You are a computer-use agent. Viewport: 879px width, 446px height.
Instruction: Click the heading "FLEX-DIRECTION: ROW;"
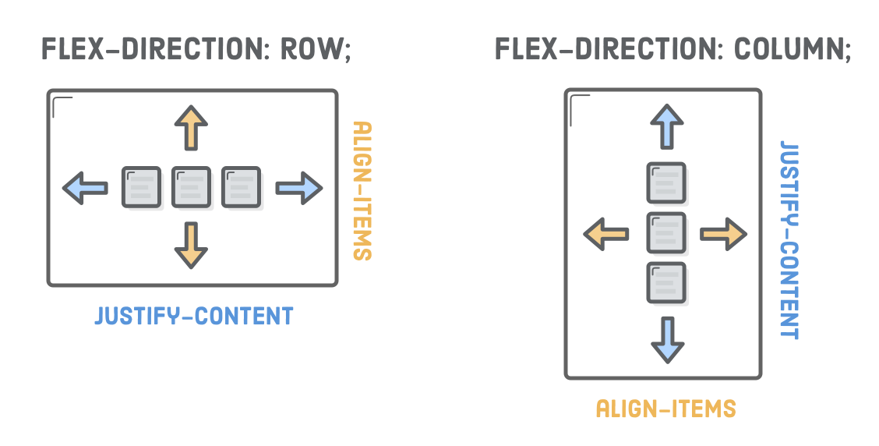click(196, 50)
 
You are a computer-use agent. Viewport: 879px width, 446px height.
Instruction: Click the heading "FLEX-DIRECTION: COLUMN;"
click(673, 50)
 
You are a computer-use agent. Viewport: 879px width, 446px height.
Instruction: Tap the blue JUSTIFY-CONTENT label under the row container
click(194, 317)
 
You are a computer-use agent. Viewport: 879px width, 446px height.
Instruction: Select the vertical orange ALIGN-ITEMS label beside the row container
click(362, 190)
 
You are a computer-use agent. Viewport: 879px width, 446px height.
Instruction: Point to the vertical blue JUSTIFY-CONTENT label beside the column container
click(789, 240)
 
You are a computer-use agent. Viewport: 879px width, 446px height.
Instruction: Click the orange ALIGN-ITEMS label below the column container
click(665, 409)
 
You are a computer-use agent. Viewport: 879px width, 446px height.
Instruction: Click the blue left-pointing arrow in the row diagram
click(85, 188)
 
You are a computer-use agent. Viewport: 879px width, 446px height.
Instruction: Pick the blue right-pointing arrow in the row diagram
click(299, 188)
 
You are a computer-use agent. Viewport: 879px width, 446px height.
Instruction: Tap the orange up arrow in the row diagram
click(191, 128)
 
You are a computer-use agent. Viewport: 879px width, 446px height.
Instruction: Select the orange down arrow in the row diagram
click(191, 245)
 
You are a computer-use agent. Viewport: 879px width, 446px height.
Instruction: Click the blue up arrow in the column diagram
click(666, 126)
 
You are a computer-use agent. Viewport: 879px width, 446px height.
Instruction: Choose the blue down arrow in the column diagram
click(666, 340)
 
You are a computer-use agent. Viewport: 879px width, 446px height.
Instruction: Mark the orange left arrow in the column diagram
click(606, 234)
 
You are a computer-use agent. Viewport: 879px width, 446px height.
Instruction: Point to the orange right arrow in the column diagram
click(724, 234)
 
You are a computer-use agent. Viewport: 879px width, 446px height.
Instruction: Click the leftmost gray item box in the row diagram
click(141, 187)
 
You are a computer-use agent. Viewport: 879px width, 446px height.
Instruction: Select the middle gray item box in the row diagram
click(191, 187)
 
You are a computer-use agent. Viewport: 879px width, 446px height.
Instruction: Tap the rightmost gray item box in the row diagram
click(241, 187)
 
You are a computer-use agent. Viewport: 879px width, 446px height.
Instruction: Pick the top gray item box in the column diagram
click(666, 183)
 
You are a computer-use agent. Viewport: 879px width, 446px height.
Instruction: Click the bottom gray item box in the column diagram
click(666, 283)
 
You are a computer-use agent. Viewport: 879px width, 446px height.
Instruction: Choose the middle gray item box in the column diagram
click(666, 233)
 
